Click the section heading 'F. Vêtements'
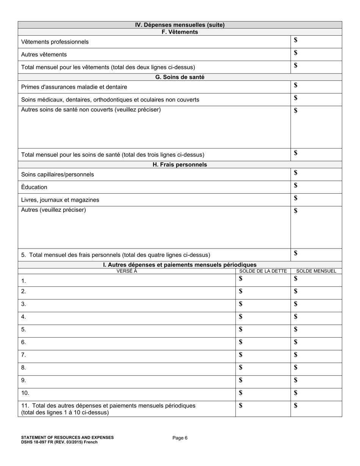click(x=180, y=32)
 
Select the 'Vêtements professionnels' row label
click(x=55, y=42)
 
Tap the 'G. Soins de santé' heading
click(x=180, y=77)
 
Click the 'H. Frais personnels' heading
click(x=180, y=165)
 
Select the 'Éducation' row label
click(x=34, y=187)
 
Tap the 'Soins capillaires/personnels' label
click(x=58, y=175)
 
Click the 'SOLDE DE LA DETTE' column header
click(x=263, y=271)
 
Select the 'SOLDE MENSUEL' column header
click(x=316, y=271)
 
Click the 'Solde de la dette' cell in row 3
click(x=263, y=304)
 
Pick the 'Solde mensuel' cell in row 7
click(x=316, y=355)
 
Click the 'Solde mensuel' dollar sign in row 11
click(x=296, y=405)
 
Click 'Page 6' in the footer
click(x=180, y=438)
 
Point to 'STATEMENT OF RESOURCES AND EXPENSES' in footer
click(x=67, y=437)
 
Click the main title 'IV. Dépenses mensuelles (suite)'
click(x=180, y=25)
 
